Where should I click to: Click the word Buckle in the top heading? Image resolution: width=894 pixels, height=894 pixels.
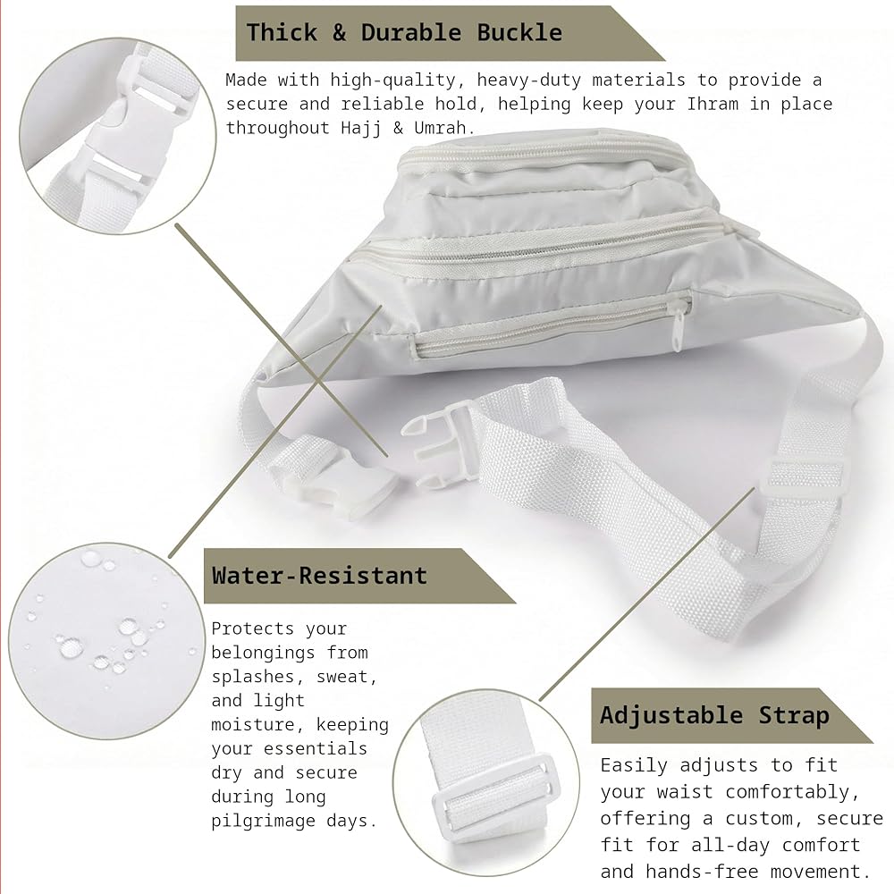(519, 32)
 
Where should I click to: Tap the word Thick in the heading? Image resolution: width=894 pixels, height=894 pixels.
(282, 32)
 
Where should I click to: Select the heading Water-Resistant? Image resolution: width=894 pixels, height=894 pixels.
(319, 575)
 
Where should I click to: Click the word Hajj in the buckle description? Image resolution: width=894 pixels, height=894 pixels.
(361, 129)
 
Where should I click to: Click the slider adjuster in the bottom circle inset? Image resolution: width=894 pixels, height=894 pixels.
(493, 791)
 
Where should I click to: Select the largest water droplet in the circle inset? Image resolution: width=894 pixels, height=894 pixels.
(71, 647)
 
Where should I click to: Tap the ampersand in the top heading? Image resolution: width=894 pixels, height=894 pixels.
(339, 32)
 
